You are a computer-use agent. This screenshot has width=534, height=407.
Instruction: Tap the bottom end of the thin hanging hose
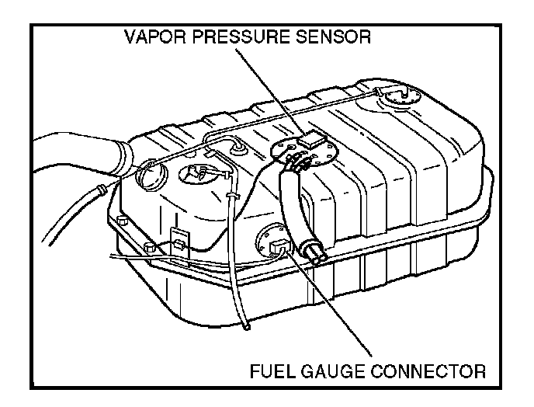coord(247,327)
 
